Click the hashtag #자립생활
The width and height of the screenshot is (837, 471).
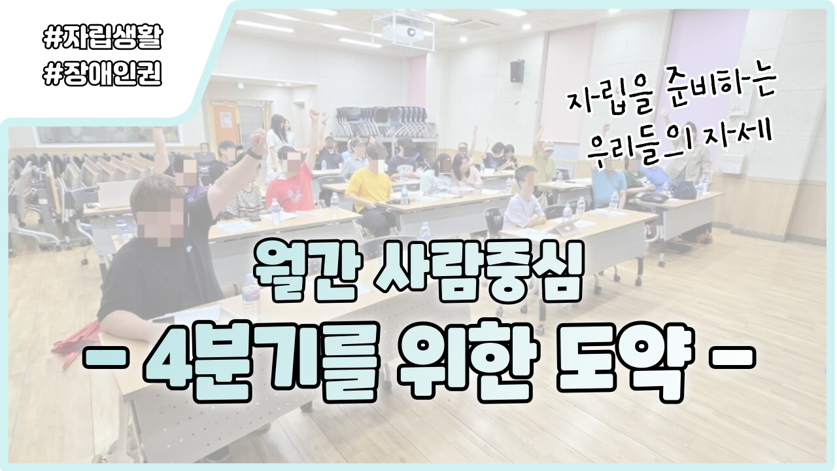(103, 37)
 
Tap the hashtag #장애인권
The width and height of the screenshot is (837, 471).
(103, 74)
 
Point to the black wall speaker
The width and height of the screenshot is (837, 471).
(517, 71)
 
